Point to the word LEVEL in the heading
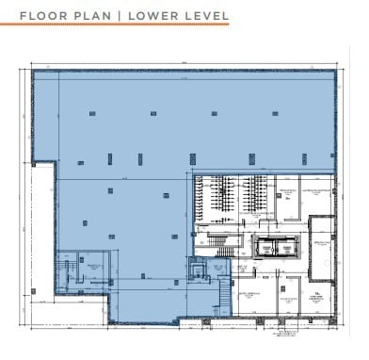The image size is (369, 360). [x=209, y=15]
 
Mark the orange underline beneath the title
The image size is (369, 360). [x=123, y=26]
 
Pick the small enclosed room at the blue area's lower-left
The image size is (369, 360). [x=93, y=273]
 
